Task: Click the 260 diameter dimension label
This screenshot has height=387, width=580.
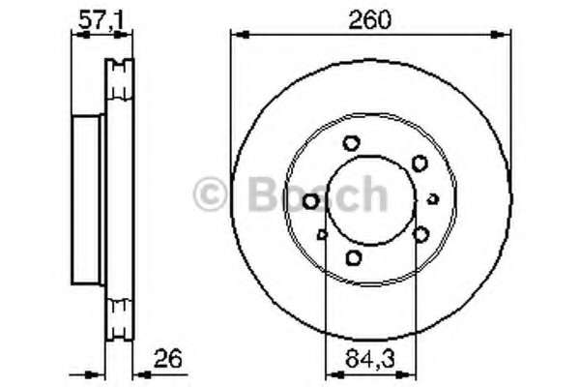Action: (370, 19)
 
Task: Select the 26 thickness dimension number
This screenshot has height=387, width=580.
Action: (167, 359)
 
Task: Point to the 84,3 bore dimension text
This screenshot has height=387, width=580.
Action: (370, 359)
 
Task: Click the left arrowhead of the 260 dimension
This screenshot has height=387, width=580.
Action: (240, 35)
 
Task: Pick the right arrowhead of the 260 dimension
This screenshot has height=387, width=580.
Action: (501, 35)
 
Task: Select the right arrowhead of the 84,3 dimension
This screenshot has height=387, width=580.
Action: (406, 375)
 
